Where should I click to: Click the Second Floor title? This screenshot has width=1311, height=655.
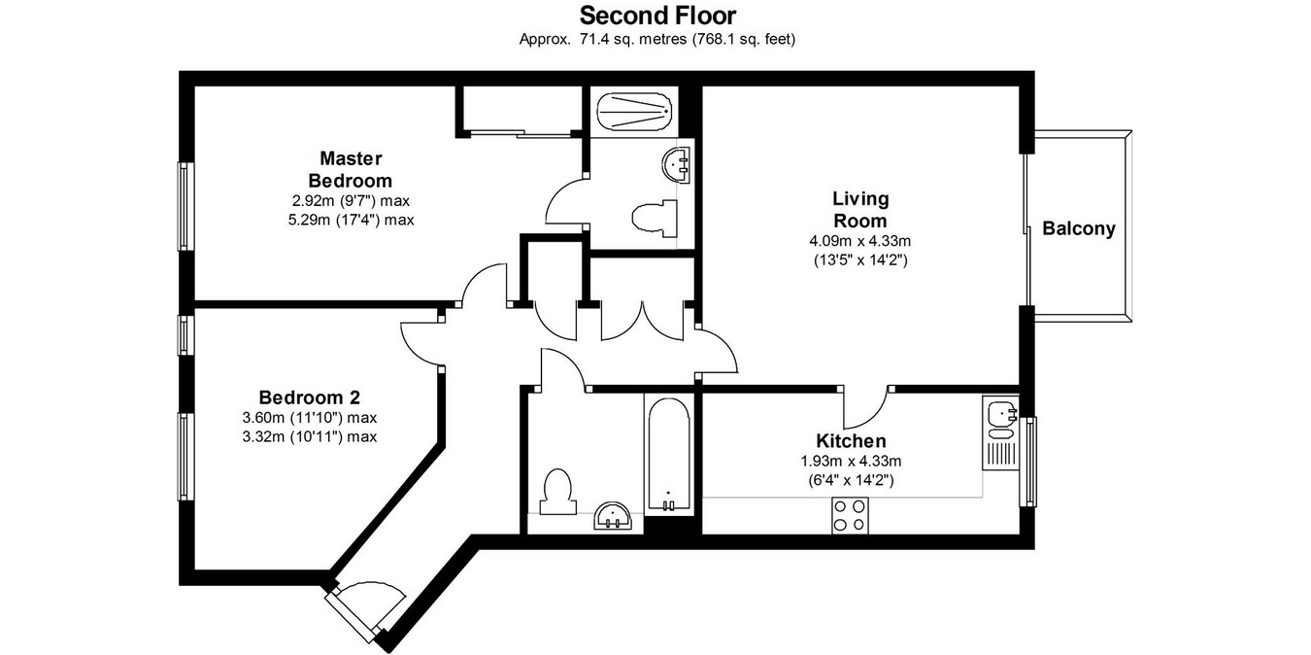point(657,16)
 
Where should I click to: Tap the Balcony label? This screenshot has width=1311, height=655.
point(1078,229)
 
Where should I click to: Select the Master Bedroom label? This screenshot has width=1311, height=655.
point(351,169)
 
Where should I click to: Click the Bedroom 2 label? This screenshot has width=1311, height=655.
point(309,397)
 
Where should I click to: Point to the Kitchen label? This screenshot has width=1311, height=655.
point(851,441)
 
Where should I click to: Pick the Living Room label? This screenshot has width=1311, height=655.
point(860,210)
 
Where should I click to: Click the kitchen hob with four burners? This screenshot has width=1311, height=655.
point(850,514)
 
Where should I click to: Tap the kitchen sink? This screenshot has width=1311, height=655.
point(1000,415)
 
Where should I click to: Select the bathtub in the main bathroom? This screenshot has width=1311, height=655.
point(667,453)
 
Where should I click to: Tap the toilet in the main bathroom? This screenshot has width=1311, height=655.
point(557,492)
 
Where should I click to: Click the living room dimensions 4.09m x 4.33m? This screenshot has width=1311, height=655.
point(859,241)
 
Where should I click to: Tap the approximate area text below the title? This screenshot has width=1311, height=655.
point(657,40)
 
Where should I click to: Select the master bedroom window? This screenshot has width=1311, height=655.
point(184,206)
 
